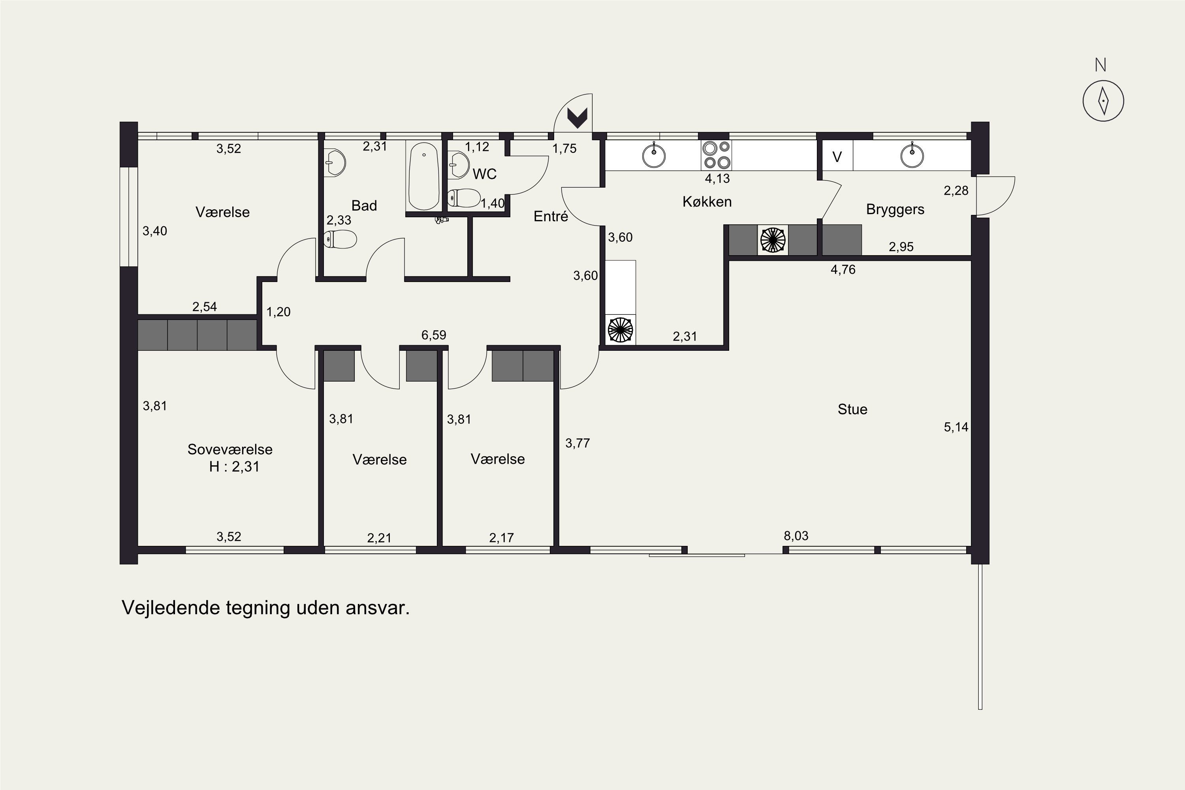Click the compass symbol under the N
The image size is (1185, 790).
1103,101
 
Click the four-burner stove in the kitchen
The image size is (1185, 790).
717,155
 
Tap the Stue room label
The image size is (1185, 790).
852,409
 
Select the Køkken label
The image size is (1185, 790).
707,201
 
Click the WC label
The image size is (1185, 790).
484,174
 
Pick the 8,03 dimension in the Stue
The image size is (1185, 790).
796,536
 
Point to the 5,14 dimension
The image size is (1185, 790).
956,427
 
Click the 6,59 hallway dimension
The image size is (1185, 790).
434,335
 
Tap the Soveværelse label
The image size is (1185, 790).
230,450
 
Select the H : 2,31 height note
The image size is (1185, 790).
234,466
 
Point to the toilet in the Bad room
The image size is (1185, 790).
340,239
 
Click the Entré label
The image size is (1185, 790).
551,216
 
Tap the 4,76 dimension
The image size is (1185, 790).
843,269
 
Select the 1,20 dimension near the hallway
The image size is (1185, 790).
278,312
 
